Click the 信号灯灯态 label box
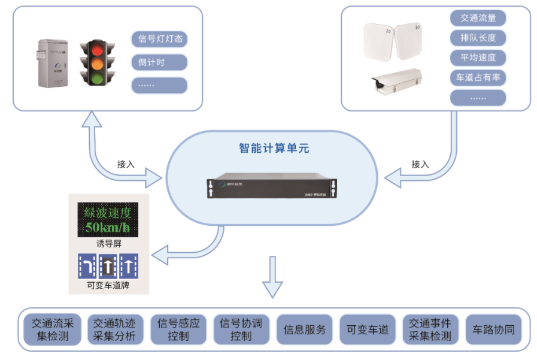159,40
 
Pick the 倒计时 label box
159,62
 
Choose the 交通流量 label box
478,18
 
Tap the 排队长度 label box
478,38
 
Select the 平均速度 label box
478,58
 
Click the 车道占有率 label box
478,77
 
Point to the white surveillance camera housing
396,81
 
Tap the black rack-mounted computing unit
271,187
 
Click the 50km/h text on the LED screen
107,227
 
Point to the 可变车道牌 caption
108,285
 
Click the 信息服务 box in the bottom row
305,329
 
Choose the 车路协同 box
493,329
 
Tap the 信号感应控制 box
178,329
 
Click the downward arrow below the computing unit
273,277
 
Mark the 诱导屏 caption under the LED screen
108,243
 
